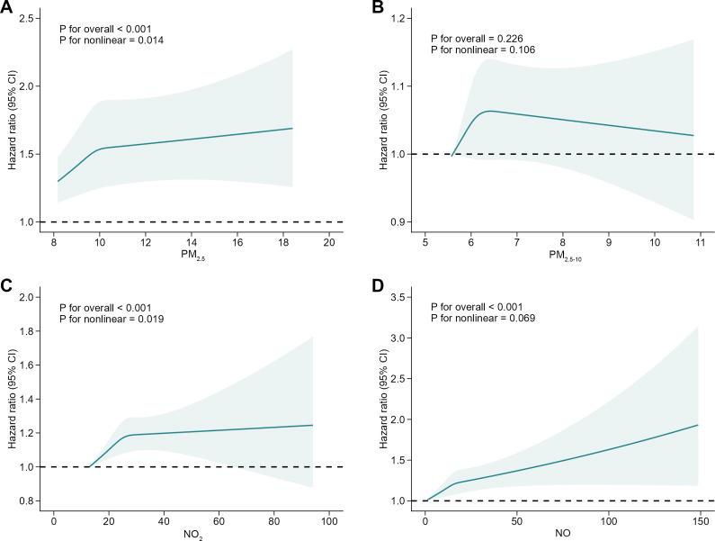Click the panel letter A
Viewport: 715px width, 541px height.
coord(6,7)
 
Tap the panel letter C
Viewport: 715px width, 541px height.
coord(6,286)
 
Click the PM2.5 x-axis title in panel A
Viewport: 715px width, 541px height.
coord(192,257)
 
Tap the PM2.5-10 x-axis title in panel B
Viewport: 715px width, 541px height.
coord(561,257)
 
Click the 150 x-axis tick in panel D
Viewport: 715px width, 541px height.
coord(699,519)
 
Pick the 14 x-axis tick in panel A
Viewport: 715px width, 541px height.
coord(192,241)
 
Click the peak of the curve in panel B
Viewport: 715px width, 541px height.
coord(490,111)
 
